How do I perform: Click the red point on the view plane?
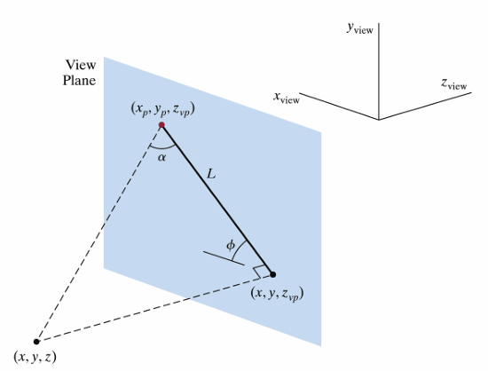(x=161, y=125)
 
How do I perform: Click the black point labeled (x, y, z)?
(x=36, y=342)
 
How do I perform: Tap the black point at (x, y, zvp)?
(x=273, y=274)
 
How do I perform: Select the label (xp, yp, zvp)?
(x=162, y=109)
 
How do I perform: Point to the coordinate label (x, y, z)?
(x=35, y=357)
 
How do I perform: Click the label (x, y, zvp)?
(x=277, y=294)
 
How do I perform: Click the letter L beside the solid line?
(x=211, y=174)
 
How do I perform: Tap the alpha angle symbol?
(x=161, y=157)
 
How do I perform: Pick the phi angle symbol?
(x=231, y=246)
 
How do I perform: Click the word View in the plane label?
(x=81, y=65)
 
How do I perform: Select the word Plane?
(x=79, y=80)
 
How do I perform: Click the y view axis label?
(x=360, y=28)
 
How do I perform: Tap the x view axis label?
(x=287, y=97)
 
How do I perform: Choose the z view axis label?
(x=453, y=83)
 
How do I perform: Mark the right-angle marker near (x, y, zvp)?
(x=259, y=272)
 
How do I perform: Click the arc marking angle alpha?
(x=162, y=148)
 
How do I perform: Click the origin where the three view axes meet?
(x=379, y=120)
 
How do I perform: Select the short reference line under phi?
(x=224, y=258)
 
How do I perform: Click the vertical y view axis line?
(x=379, y=71)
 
